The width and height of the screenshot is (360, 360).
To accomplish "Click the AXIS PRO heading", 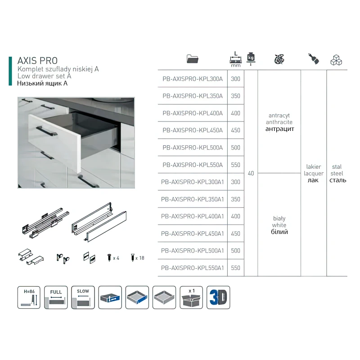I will pos(37,60).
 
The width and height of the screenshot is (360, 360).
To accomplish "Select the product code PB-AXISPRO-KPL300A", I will pos(192,79).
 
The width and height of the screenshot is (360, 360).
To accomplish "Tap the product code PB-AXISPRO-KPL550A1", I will pos(192,268).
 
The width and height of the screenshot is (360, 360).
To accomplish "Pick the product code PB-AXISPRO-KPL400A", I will pos(192,113).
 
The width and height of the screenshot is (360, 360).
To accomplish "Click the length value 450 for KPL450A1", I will pos(235,234).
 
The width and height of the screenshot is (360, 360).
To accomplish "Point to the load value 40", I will pos(251,173).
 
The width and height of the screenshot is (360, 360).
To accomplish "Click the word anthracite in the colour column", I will pos(279,122).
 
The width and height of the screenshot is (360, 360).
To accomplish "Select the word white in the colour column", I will pos(279,225).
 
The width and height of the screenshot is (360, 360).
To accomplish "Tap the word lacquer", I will pos(313,173).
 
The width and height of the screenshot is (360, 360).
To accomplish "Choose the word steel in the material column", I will pos(336,173).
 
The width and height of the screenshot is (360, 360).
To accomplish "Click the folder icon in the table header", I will pos(195,59).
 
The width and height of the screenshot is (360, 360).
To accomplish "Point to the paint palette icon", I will pos(279,59).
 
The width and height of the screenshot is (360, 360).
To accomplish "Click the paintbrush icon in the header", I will pos(313,59).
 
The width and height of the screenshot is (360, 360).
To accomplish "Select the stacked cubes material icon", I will pos(337,59).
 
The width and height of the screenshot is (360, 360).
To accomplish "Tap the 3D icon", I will pos(218,297).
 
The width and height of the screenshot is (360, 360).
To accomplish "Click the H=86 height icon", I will pos(29,297).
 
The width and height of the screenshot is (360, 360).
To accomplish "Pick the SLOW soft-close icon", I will pos(83,297).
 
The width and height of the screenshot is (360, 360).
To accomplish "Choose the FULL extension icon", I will pos(56,297).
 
